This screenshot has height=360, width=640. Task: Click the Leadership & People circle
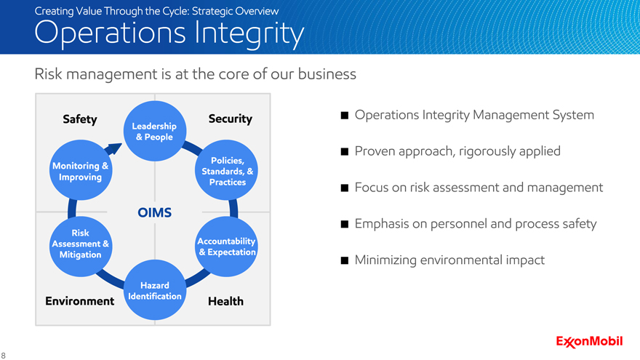(155, 131)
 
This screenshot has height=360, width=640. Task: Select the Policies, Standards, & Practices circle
(226, 170)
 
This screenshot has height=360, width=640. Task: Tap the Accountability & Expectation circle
(226, 247)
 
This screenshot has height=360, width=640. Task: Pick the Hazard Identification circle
(155, 290)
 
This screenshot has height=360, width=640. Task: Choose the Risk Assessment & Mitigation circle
(81, 247)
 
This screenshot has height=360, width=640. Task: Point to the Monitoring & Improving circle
(81, 170)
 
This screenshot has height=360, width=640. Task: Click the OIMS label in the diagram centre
(155, 212)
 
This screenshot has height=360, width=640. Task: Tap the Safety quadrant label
(80, 119)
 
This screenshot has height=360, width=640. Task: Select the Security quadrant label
(231, 119)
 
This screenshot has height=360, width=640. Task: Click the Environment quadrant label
(80, 301)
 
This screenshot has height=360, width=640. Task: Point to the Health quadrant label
(225, 301)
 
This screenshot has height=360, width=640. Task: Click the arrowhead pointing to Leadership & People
(114, 148)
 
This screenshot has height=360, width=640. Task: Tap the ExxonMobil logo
(589, 341)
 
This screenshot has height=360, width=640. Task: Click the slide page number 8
(3, 356)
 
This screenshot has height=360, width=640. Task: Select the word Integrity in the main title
(249, 33)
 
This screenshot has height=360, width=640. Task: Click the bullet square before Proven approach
(345, 152)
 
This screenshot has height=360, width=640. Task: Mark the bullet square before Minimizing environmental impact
(345, 260)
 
